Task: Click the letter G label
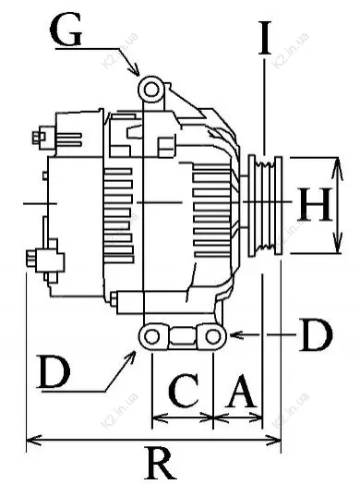66,30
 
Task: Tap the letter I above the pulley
265,37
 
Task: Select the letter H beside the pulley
315,204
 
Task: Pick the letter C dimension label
184,390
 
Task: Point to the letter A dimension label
241,390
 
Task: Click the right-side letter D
316,335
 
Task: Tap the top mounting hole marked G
150,90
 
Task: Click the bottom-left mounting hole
151,336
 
